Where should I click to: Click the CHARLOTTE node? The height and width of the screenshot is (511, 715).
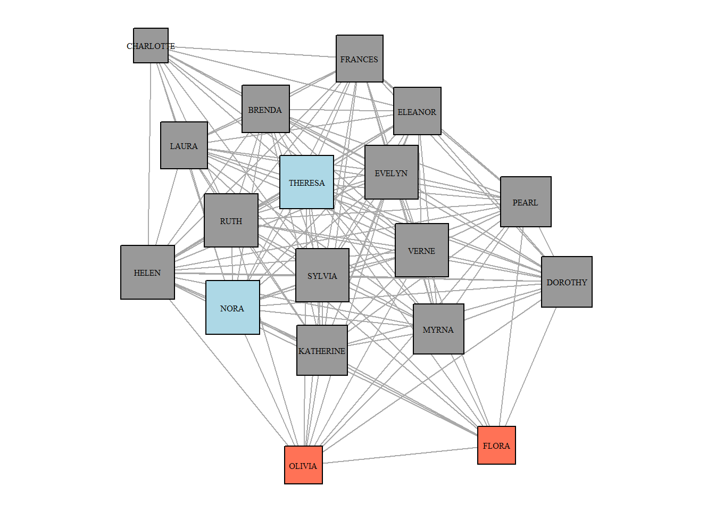(x=151, y=46)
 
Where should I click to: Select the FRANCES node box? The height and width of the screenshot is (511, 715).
(x=360, y=59)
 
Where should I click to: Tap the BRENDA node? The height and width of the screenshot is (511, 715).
(x=265, y=109)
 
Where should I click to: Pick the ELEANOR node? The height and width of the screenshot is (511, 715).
(x=417, y=111)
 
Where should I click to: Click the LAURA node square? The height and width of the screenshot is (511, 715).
(x=184, y=145)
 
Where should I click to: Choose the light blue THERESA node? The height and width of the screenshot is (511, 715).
(x=306, y=182)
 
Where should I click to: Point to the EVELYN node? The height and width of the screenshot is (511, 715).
(x=392, y=172)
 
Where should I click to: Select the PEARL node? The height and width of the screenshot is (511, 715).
(x=526, y=202)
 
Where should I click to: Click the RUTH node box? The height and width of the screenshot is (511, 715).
(x=231, y=220)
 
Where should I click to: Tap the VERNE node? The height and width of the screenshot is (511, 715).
(x=422, y=250)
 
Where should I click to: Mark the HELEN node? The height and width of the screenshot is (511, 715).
(x=147, y=272)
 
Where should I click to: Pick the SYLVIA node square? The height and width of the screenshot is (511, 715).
(x=322, y=275)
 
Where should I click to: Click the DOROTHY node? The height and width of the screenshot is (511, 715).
(x=567, y=282)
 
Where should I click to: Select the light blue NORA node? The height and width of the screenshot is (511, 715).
(x=232, y=308)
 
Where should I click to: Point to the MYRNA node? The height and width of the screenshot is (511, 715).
(x=438, y=329)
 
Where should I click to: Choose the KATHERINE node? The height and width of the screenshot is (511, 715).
(x=322, y=350)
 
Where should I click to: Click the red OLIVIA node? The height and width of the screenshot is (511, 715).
(x=303, y=465)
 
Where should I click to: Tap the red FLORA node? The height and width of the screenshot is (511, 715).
(x=496, y=446)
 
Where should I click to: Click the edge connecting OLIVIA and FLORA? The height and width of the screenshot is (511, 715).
(x=399, y=456)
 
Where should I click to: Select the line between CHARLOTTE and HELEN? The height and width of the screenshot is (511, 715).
(x=149, y=160)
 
